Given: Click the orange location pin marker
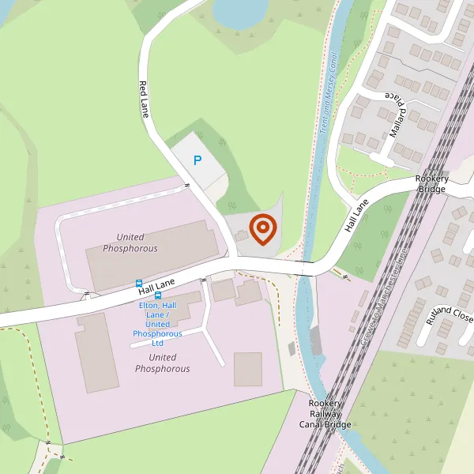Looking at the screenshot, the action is point(262,229).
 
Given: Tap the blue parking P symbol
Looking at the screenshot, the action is point(197,160).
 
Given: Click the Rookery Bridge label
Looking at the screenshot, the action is point(432,184).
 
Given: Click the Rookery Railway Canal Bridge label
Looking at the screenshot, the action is point(325,414).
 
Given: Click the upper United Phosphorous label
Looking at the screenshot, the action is point(130,243).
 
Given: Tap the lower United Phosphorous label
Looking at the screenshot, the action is point(162,363).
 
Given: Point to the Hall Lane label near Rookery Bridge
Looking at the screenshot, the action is point(357,216).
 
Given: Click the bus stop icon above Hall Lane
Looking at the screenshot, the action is point(139,283).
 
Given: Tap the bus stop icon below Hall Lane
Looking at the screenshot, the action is point(158,296).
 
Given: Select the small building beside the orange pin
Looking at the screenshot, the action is point(241,235).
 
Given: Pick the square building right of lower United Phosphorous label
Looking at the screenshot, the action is point(247,369).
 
